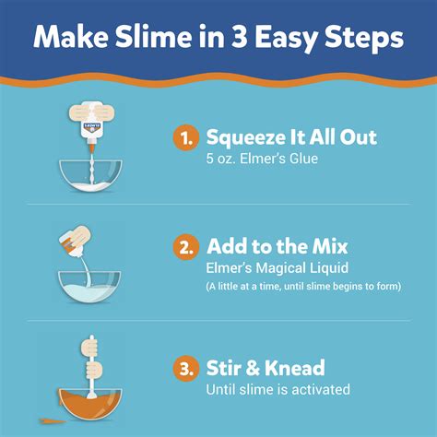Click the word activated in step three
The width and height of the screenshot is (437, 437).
[x=320, y=390]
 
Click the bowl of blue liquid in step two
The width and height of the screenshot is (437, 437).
[x=91, y=285]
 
